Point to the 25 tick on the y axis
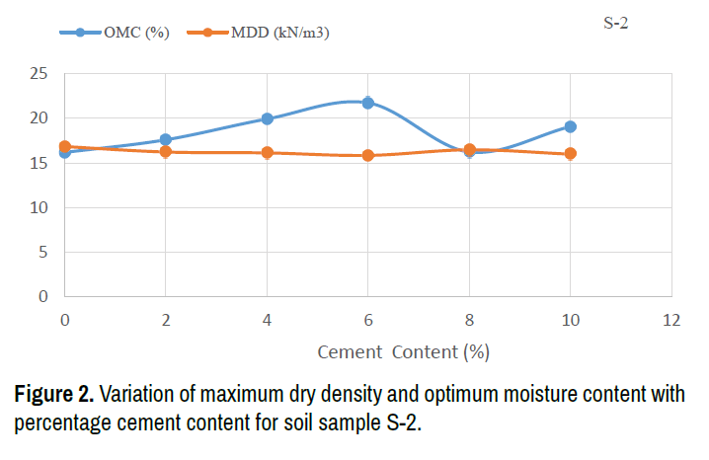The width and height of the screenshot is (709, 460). click(39, 74)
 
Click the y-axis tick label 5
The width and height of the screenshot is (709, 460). click(43, 252)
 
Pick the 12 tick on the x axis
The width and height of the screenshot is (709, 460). click(671, 320)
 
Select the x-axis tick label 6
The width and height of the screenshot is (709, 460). click(367, 320)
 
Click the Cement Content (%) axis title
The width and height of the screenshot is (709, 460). click(403, 351)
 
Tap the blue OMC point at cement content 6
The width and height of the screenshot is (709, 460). click(367, 103)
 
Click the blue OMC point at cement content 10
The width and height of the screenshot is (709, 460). click(570, 126)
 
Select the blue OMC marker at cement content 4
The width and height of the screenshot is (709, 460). click(267, 118)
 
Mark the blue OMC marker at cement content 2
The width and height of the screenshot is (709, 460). click(165, 140)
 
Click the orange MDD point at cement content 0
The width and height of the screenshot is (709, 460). click(64, 146)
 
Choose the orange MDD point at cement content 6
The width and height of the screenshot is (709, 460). click(367, 155)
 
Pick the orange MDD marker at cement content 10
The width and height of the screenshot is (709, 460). click(570, 154)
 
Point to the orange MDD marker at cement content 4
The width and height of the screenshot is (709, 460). click(267, 152)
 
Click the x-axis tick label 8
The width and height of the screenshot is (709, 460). click(469, 320)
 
